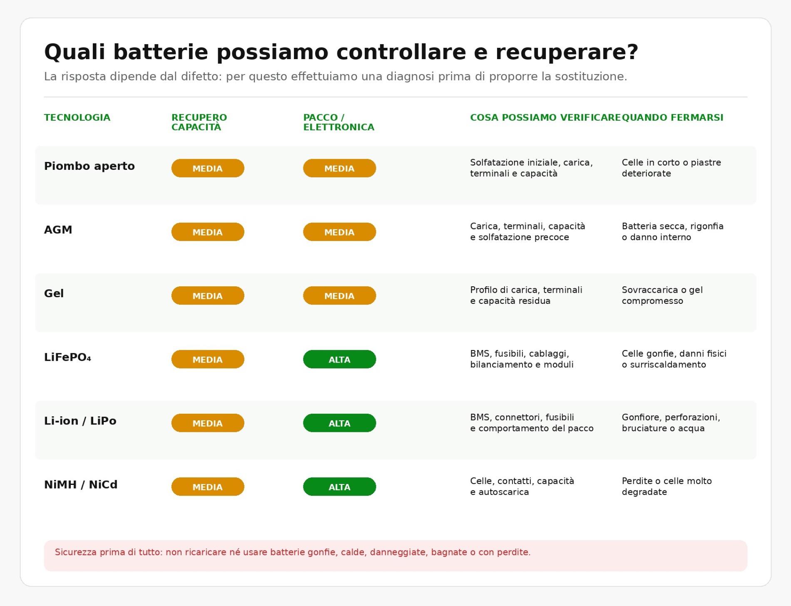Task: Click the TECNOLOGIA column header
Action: coord(77,117)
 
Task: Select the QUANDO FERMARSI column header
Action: coord(672,117)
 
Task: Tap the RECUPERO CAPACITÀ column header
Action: coord(199,122)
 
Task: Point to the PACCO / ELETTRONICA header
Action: coord(338,122)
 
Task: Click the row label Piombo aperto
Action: coord(90,166)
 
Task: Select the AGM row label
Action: coord(58,230)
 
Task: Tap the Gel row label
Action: coord(54,293)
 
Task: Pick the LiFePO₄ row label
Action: coord(67,357)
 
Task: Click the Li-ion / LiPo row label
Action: coord(80,421)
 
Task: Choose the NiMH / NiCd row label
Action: coord(81,484)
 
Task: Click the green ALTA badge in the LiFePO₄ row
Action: coord(339,359)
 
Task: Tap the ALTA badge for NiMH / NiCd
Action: coord(339,487)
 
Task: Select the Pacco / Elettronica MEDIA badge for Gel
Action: coord(339,296)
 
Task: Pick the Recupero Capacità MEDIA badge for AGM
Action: coord(208,232)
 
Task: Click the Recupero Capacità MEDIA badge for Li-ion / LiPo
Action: coord(208,423)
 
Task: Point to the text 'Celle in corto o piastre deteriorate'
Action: coord(671,168)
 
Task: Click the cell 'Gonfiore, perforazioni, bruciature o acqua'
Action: coord(671,422)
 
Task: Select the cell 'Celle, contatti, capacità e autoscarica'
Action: coord(522,486)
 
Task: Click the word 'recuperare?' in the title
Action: coord(567,52)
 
